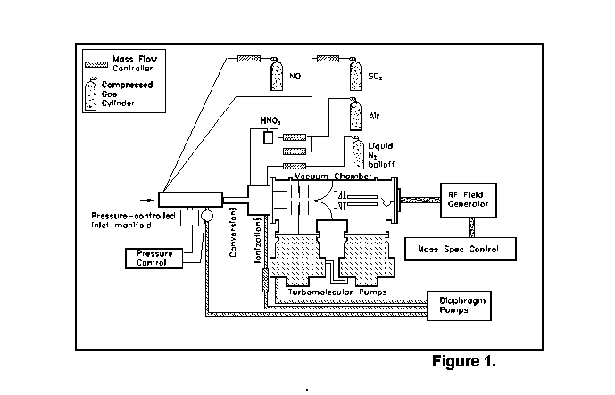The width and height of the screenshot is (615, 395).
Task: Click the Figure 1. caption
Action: click(463, 361)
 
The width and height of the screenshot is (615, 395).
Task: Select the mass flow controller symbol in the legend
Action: click(94, 64)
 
